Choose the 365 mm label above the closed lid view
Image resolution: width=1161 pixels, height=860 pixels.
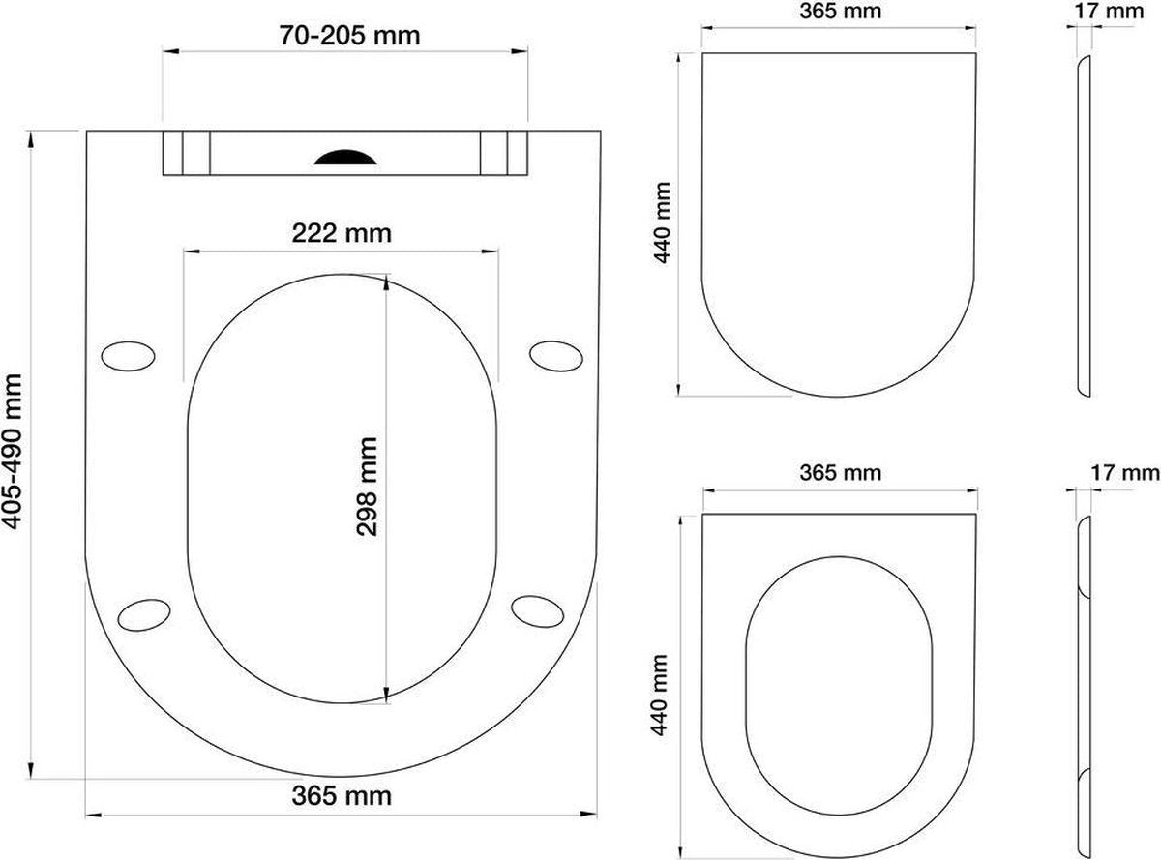point(839,13)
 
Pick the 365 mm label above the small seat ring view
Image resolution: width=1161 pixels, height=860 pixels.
point(839,472)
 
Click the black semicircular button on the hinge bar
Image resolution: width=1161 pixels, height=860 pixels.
point(342,157)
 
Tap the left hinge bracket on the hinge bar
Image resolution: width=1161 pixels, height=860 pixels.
point(186,153)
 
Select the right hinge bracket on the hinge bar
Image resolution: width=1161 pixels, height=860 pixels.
point(504,153)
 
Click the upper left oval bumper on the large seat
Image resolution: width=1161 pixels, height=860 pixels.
point(128,355)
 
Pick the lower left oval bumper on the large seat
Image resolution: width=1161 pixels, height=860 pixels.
point(143,613)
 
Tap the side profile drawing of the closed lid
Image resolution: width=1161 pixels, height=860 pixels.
point(1085,224)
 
